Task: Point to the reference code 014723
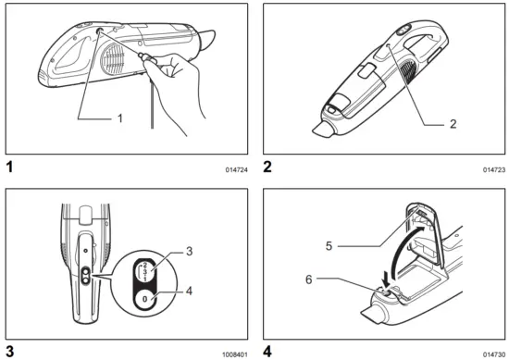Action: pos(494,170)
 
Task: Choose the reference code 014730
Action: pos(494,354)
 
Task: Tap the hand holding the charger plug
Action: pos(186,74)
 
